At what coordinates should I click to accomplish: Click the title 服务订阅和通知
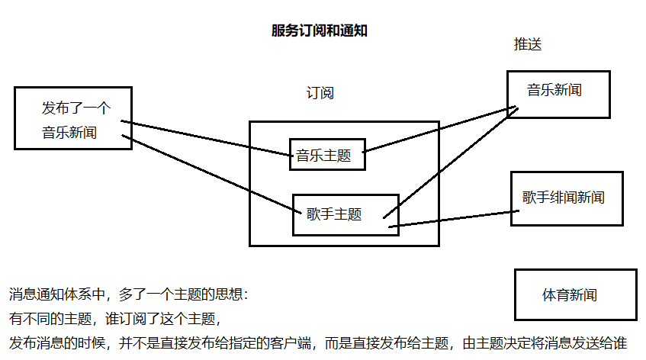320,31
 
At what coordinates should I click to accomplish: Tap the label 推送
528,44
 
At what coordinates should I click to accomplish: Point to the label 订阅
320,93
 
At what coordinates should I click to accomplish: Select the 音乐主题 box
327,155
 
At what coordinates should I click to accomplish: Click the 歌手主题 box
345,214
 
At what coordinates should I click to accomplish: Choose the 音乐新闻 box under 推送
558,94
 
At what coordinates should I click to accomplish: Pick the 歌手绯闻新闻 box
566,198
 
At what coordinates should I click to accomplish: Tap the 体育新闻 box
575,294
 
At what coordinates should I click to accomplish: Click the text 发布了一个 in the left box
76,108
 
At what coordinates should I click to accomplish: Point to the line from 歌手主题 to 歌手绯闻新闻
450,219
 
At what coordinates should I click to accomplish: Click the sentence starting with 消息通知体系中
130,294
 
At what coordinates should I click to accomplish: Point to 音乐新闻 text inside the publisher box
69,132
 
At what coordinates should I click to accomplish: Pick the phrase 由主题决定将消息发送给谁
545,342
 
